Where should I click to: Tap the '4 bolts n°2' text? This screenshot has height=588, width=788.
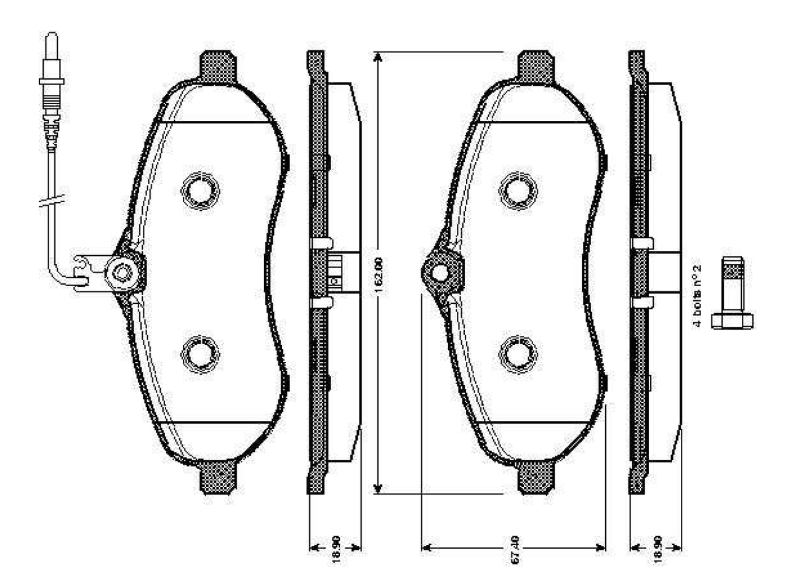click(699, 296)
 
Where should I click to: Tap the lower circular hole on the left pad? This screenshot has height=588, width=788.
click(200, 354)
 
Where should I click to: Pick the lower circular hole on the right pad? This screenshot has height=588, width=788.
click(518, 354)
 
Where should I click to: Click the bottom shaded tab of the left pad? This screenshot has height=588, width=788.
click(218, 477)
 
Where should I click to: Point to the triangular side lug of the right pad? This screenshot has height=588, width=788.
click(441, 272)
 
